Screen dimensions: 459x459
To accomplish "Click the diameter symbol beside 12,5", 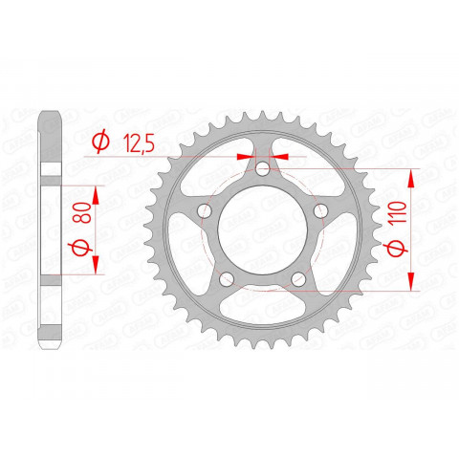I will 98,143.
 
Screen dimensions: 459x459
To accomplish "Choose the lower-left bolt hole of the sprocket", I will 225,279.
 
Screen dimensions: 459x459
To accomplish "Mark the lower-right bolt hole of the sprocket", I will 298,279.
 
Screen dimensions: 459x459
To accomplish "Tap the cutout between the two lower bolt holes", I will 262,304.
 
